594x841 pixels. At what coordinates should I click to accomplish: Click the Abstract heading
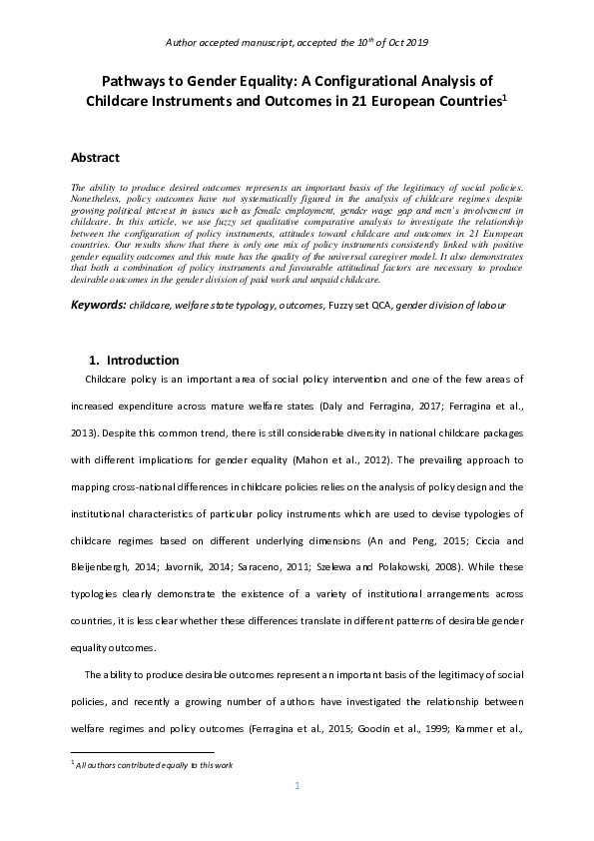(x=96, y=158)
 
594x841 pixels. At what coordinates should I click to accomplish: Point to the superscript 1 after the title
(x=506, y=97)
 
